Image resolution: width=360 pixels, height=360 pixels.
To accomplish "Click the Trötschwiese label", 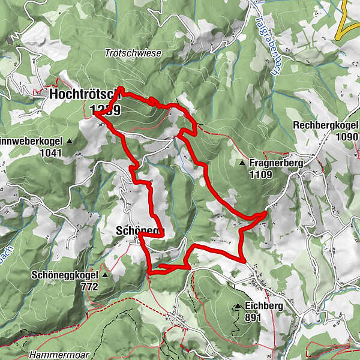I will pyautogui.click(x=141, y=53).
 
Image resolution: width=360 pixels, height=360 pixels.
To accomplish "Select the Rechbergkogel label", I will pyautogui.click(x=325, y=125).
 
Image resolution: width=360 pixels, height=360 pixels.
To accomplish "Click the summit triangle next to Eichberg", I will pyautogui.click(x=238, y=307).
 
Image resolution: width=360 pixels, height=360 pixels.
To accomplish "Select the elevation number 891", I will pyautogui.click(x=253, y=317).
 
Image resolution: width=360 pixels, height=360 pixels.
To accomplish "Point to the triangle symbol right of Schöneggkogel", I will pyautogui.click(x=105, y=276).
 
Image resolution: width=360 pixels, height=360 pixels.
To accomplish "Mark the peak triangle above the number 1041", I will pyautogui.click(x=69, y=142).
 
